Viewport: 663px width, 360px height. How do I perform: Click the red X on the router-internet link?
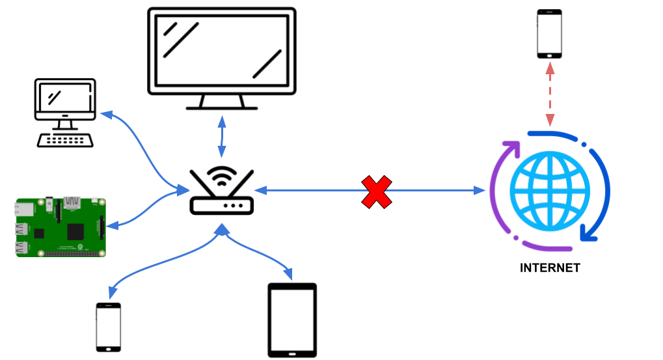coord(377,191)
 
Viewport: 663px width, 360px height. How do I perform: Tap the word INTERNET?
coord(550,268)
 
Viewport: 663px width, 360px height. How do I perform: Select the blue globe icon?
coord(550,190)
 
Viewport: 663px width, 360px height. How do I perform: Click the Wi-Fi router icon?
coord(221,193)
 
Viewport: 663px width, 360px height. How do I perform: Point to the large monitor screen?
coord(222,49)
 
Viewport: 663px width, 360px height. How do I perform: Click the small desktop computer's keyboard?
coord(63,140)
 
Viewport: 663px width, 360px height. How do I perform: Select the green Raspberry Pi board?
coord(60,227)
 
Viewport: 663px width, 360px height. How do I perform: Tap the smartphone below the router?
coord(109,327)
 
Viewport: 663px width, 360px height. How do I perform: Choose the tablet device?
coord(292,320)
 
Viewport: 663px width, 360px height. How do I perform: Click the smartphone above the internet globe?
coord(549,34)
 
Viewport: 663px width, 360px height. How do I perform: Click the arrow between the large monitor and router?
coord(222,137)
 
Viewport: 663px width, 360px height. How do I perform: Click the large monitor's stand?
coord(222,102)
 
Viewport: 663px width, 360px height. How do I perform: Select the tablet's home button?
coord(292,352)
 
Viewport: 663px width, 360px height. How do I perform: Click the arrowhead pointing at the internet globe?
coord(480,191)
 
